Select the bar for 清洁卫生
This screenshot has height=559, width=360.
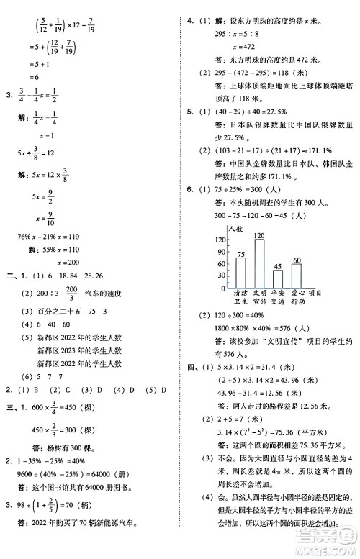pos(240,272)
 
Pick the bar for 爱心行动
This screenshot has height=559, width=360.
pos(297,275)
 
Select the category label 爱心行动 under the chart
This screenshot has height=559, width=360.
pos(297,297)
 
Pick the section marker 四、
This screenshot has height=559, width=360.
pos(190,366)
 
